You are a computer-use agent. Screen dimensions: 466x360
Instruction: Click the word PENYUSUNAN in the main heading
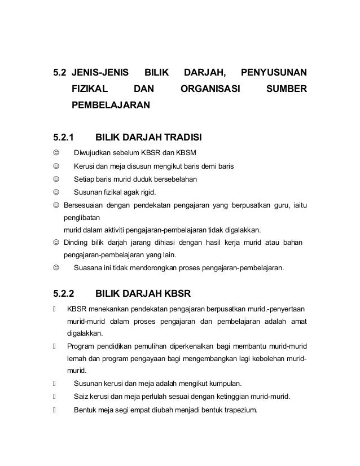(x=274, y=73)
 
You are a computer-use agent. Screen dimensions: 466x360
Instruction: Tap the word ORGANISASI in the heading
(x=209, y=89)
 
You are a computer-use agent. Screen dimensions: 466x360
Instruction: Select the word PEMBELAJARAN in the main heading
(x=111, y=105)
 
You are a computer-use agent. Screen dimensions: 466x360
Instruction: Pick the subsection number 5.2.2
(x=63, y=294)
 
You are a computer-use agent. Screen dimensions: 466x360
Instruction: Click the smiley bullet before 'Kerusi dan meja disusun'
(x=55, y=166)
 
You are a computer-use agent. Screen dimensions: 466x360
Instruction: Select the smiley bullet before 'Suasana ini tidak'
(x=55, y=268)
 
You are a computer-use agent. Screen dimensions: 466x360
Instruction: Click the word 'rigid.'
(x=143, y=192)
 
